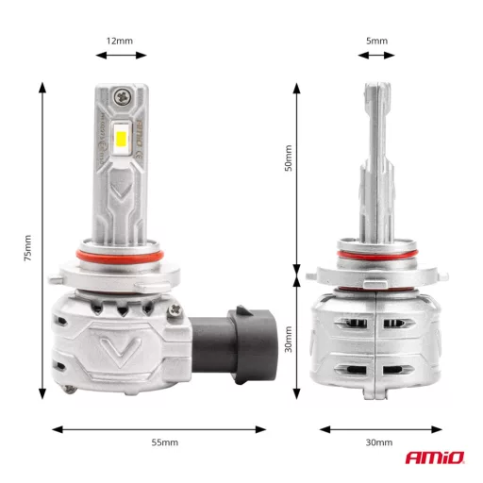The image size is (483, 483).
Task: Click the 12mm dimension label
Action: point(120,41)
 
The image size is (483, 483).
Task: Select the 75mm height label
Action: point(29,247)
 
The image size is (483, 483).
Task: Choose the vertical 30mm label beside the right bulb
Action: point(290,337)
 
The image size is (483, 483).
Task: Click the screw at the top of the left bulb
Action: point(123,95)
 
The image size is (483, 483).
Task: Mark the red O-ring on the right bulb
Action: point(376,255)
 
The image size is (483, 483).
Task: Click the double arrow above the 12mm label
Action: point(120,56)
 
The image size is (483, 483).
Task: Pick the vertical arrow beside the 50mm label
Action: point(297,179)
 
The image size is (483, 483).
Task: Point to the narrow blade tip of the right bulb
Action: point(375,104)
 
